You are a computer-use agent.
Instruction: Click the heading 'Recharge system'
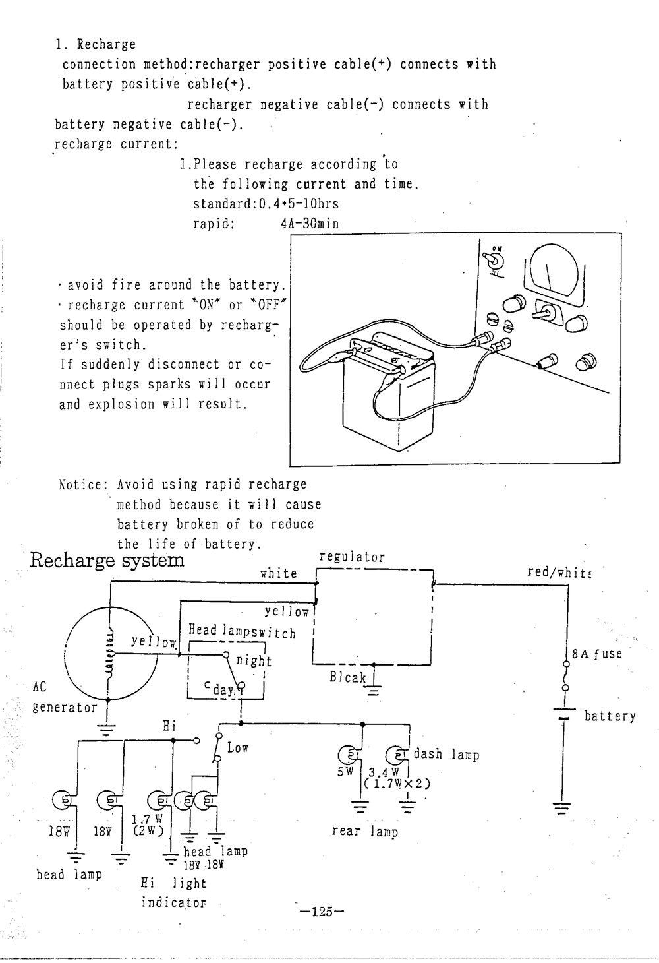click(107, 561)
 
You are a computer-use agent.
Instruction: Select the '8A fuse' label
click(596, 654)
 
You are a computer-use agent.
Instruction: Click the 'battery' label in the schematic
click(610, 716)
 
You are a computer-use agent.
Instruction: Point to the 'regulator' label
click(352, 557)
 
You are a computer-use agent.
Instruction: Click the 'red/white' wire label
click(559, 572)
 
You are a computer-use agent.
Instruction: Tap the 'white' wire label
click(279, 573)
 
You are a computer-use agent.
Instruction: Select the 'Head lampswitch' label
click(242, 631)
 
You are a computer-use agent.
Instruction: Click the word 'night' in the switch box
click(254, 660)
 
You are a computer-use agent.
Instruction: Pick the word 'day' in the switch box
click(223, 691)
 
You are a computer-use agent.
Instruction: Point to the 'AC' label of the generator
click(40, 686)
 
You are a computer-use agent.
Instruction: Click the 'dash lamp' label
click(445, 754)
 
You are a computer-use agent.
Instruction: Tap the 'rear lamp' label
click(365, 831)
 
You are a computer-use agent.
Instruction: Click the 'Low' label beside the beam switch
click(238, 748)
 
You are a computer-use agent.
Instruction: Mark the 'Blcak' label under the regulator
click(348, 677)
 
